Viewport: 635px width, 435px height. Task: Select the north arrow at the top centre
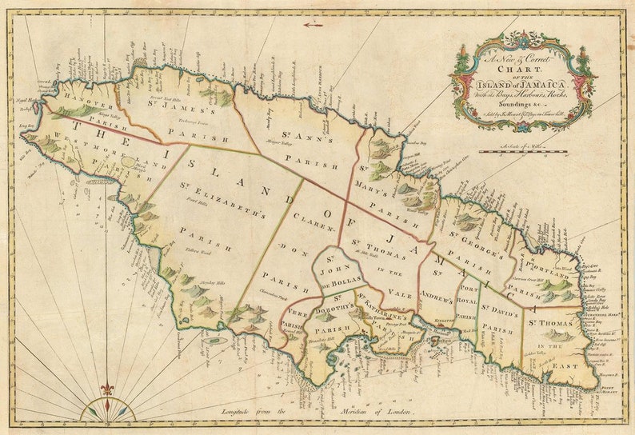tap(314, 24)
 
